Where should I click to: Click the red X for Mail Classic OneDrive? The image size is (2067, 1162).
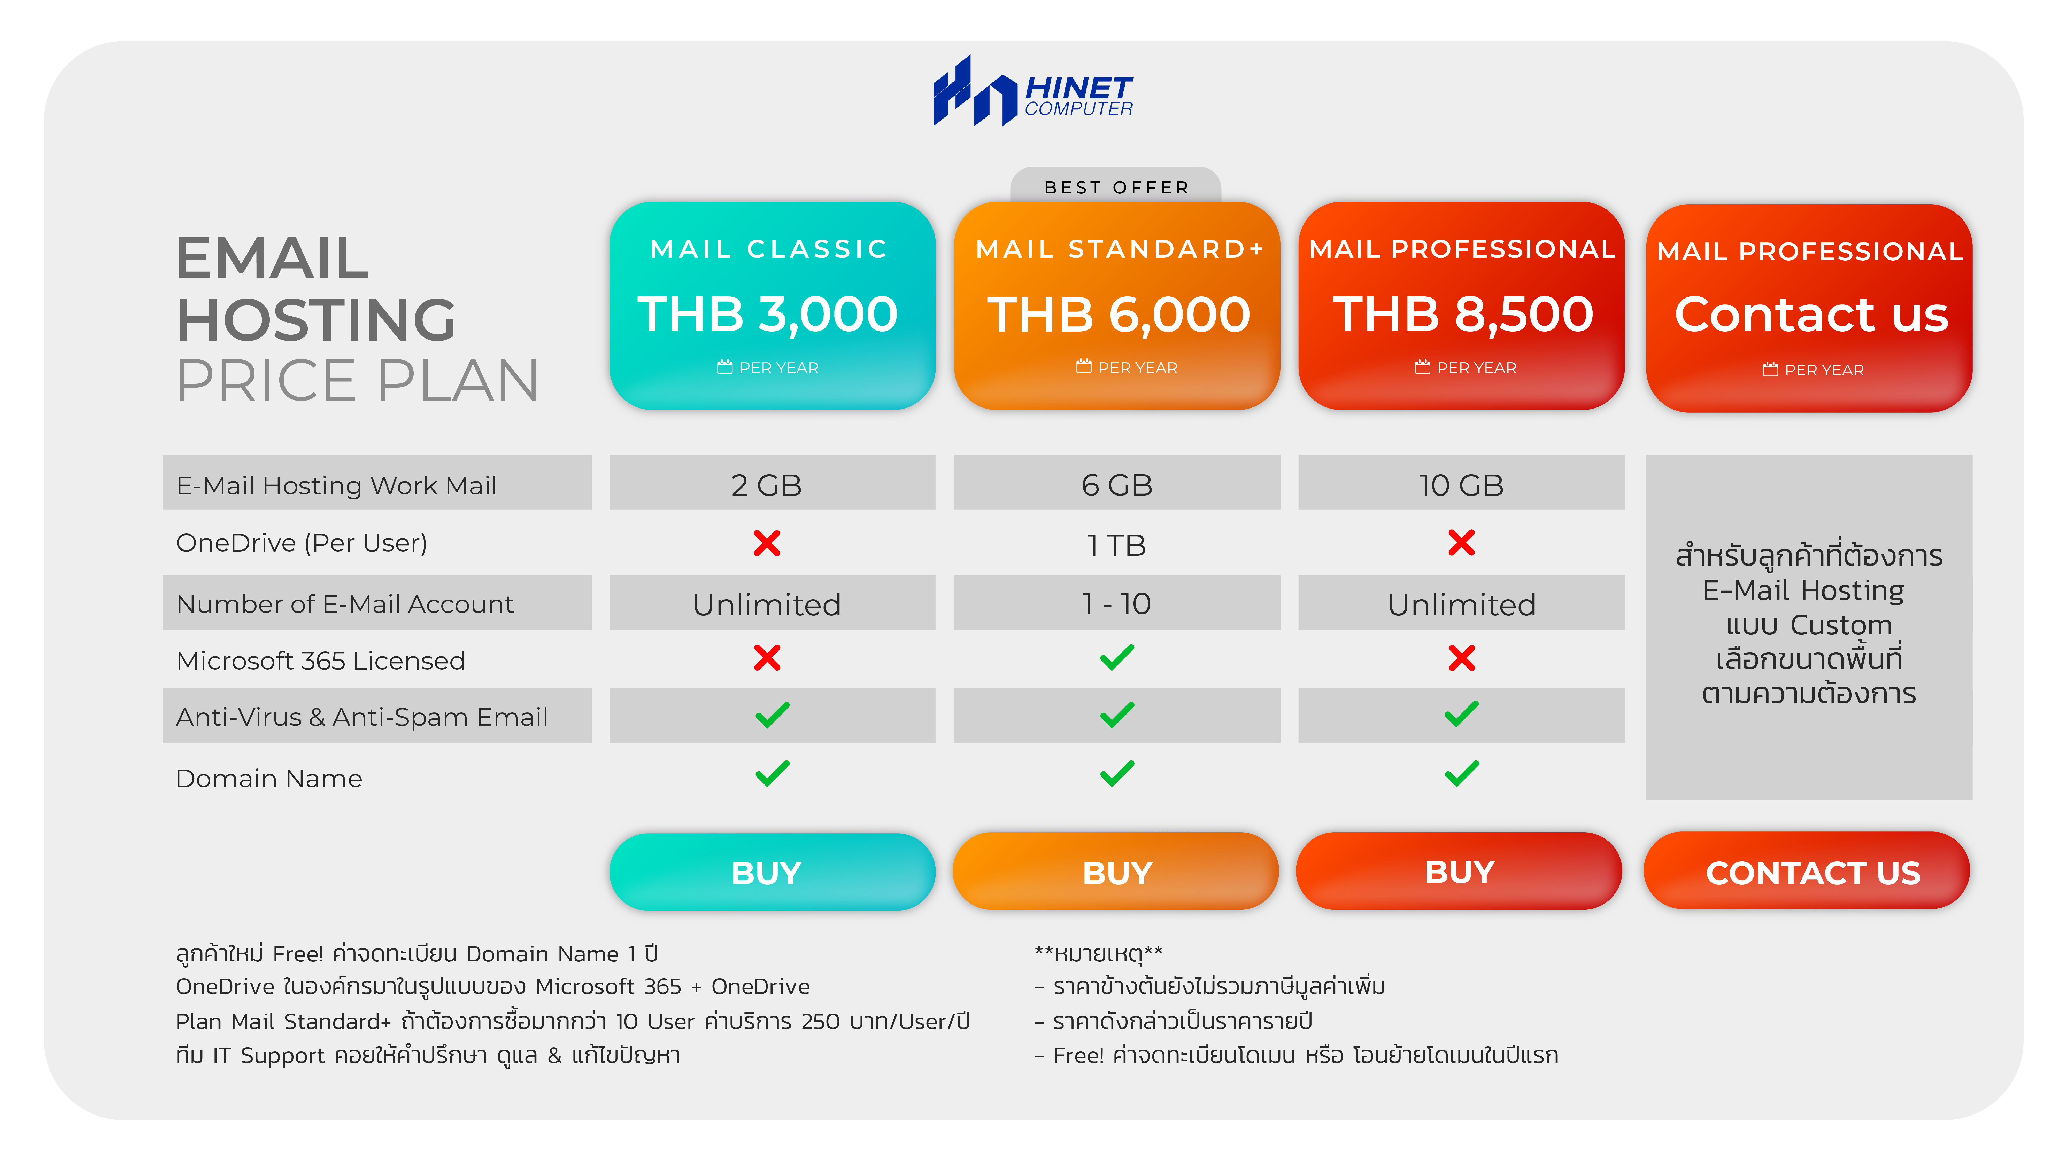(x=767, y=543)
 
